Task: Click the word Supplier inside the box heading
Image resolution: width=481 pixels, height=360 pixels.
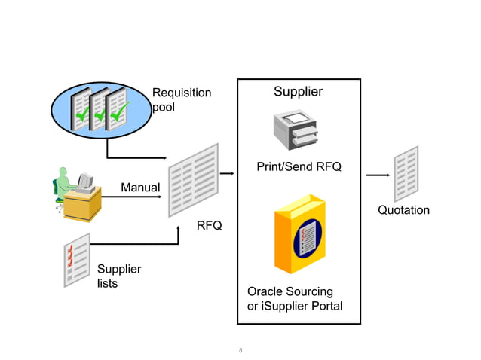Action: (298, 92)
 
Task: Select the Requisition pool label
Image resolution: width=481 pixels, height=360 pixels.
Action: (181, 100)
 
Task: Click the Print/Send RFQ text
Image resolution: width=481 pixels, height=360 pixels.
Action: (299, 166)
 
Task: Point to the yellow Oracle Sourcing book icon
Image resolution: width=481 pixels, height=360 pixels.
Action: (302, 236)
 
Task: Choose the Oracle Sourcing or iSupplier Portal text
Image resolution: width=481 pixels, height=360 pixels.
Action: (295, 298)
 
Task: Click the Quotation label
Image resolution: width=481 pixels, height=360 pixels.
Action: (403, 210)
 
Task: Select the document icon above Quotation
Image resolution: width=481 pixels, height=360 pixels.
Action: (406, 174)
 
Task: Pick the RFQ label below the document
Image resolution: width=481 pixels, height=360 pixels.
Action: (209, 225)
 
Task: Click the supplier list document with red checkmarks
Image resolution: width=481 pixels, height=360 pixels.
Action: (76, 260)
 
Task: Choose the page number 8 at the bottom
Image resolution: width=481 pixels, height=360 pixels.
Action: (240, 350)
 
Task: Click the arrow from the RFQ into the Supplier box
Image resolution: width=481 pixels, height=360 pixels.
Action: (228, 172)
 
